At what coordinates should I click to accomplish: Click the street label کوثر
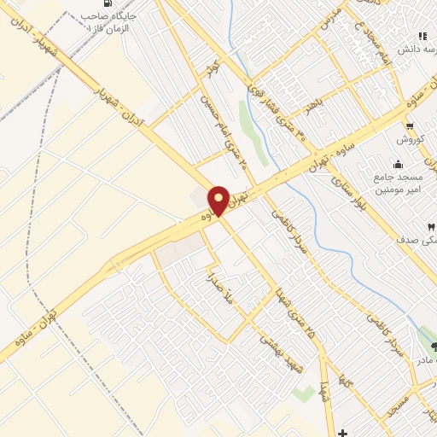[213, 67]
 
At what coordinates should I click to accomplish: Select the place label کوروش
[410, 139]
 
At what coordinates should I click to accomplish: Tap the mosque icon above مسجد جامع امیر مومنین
[397, 165]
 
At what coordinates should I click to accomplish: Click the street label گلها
[346, 382]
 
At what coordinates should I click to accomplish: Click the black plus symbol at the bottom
[343, 432]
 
